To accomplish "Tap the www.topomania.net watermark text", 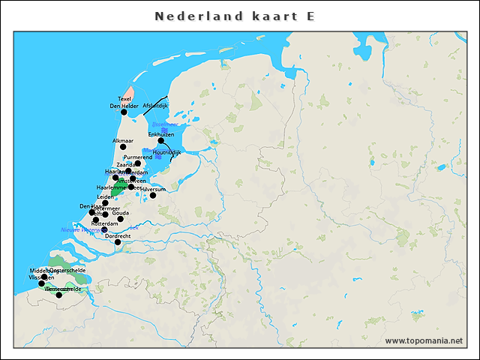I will [424, 341].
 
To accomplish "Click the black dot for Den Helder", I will [124, 112].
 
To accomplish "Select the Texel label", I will [124, 99].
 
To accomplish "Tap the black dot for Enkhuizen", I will [160, 140].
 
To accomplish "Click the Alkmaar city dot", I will [124, 146].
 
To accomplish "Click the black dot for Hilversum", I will [153, 196].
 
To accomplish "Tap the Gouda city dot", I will [121, 219].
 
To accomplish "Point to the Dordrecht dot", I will [118, 242].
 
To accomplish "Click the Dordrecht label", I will [118, 235].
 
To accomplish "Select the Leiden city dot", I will [106, 203].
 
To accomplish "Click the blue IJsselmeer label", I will [164, 124].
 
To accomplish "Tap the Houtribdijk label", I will [166, 152].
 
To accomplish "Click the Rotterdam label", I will [104, 223].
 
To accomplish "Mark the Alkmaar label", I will [122, 140].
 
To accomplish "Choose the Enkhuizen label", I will [160, 133].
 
